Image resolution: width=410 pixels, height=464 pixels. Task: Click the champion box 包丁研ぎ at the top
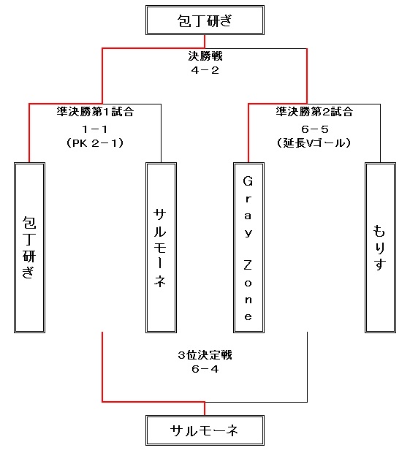[205, 20]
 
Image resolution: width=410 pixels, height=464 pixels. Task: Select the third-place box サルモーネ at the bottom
[205, 430]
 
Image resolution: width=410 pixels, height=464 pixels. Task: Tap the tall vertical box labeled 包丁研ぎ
[30, 248]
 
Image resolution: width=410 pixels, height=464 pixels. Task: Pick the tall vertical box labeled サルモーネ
[161, 248]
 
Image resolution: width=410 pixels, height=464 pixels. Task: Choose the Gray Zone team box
[248, 248]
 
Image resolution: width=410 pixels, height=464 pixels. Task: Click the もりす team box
[380, 248]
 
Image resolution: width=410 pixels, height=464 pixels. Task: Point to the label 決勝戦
[205, 56]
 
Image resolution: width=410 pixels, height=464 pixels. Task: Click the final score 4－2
[205, 70]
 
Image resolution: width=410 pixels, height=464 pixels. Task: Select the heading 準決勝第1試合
[95, 112]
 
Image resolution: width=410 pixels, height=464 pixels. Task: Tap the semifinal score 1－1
[95, 129]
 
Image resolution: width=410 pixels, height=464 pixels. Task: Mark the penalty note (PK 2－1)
[95, 143]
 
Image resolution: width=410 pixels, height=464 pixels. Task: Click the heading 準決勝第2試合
[314, 112]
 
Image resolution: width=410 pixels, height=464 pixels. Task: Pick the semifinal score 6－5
[315, 129]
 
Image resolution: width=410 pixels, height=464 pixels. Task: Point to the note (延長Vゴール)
[314, 143]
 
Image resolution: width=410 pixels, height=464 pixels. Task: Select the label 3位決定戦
[205, 355]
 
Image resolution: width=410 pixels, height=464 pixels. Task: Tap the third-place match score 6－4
[205, 369]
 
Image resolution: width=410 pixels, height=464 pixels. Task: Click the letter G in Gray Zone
[248, 181]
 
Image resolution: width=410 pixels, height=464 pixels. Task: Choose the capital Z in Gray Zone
[248, 265]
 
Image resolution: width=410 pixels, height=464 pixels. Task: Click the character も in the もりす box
[379, 231]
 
